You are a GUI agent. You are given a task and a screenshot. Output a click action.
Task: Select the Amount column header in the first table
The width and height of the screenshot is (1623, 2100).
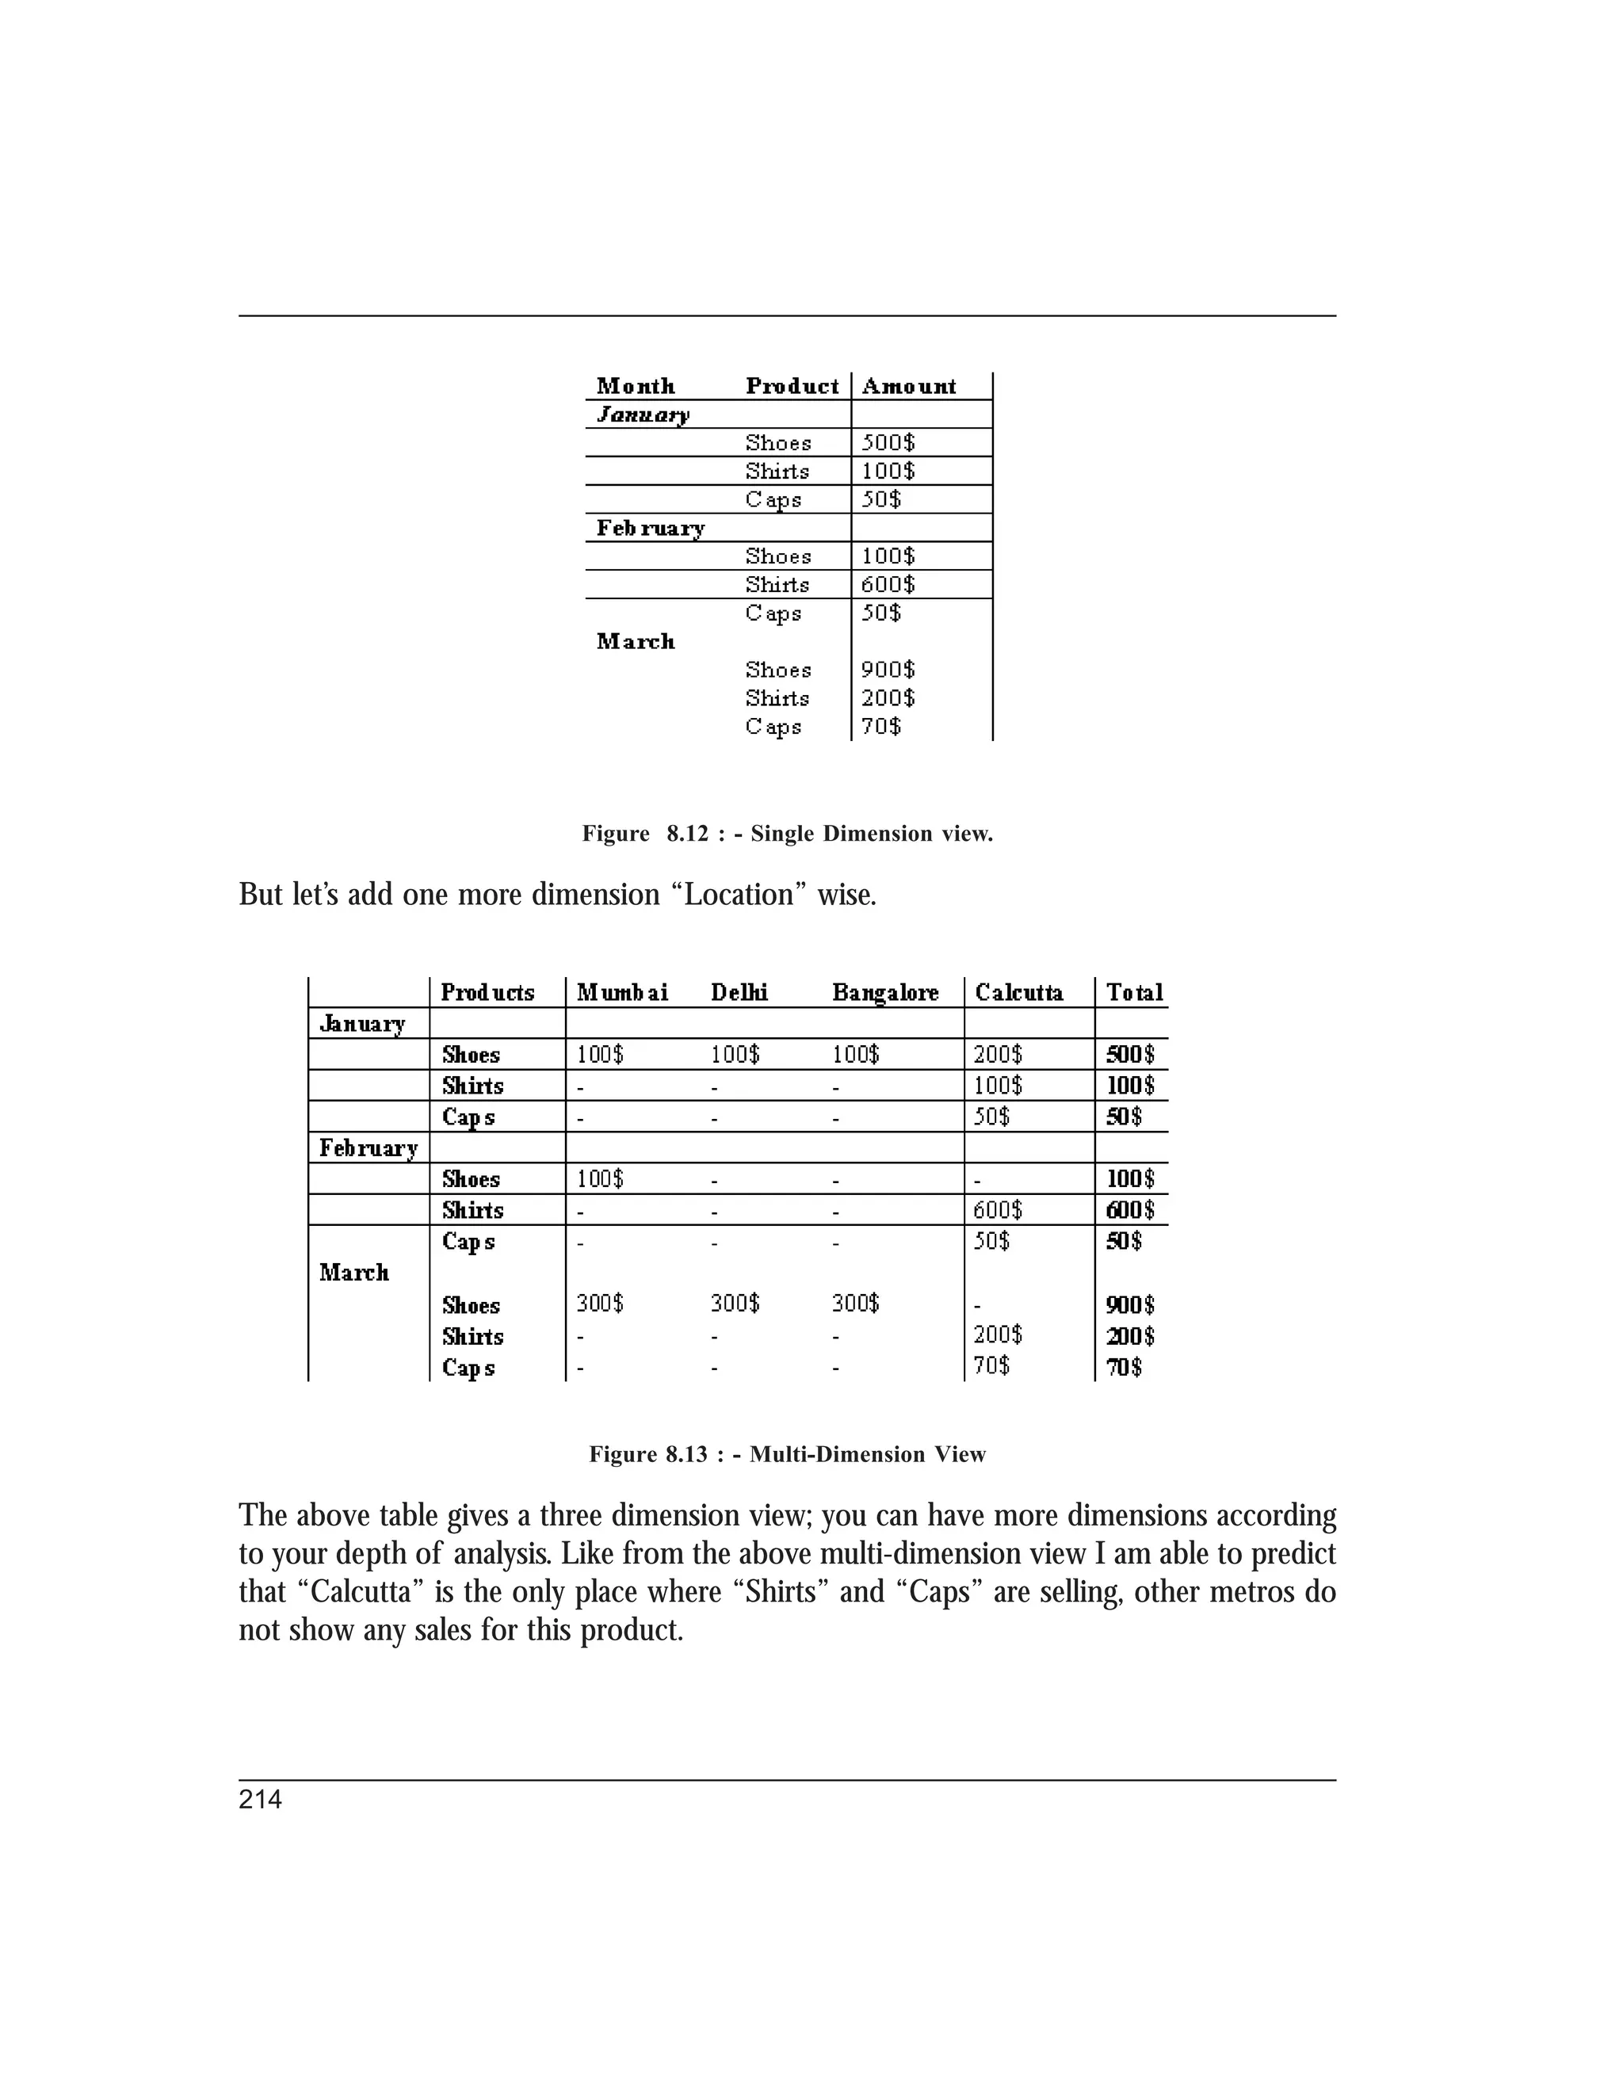[x=909, y=387]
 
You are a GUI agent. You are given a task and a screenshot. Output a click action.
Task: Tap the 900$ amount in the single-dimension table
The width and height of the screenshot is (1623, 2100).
[x=888, y=670]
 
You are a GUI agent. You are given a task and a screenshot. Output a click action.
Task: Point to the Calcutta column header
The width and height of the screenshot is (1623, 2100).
[x=1019, y=992]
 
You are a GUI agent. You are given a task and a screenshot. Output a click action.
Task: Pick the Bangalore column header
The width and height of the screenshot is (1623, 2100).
[x=885, y=992]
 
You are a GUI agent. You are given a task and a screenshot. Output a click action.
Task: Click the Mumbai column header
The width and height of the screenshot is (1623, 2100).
[x=622, y=992]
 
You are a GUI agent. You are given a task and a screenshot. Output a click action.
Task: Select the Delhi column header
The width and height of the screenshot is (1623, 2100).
[x=739, y=992]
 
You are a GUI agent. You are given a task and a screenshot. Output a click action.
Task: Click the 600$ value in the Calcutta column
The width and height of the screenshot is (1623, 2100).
[x=998, y=1209]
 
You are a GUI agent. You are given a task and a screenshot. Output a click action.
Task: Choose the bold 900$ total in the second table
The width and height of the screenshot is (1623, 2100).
[x=1130, y=1305]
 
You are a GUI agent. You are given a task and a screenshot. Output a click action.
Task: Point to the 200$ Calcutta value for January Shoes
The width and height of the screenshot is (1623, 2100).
[x=998, y=1055]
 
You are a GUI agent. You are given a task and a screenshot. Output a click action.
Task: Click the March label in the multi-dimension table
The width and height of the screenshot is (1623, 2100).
[x=353, y=1272]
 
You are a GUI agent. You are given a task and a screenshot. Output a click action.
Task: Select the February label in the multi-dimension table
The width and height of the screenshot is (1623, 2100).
[x=369, y=1148]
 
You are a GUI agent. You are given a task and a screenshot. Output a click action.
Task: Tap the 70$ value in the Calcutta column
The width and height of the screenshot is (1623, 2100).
[x=991, y=1365]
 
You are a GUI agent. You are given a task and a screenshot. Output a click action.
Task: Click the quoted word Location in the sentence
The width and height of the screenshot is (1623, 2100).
[x=739, y=895]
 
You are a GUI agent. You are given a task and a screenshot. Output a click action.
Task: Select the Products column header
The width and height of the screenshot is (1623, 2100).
[x=487, y=992]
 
